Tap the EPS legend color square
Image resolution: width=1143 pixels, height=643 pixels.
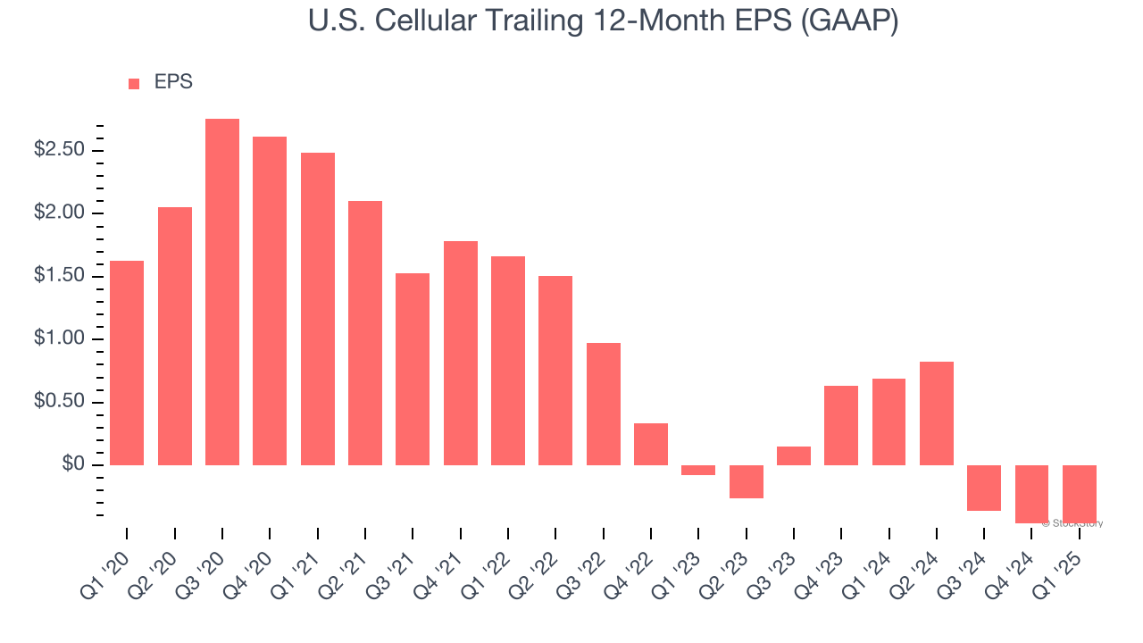point(134,84)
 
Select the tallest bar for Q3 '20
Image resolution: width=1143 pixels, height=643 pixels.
point(222,292)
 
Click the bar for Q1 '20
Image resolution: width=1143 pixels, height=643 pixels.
point(127,363)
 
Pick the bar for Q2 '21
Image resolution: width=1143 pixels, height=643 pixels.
point(365,333)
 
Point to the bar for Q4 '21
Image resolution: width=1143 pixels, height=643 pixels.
point(461,353)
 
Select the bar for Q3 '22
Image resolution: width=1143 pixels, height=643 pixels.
point(604,404)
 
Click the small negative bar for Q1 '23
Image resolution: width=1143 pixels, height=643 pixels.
point(698,470)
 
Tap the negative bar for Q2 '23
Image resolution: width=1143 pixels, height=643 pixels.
point(747,481)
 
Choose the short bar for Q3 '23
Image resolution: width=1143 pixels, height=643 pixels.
point(794,455)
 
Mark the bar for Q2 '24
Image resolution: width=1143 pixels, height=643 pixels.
point(937,413)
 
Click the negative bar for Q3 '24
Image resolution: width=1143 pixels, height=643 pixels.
point(984,488)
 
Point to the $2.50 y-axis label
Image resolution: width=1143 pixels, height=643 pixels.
point(59,149)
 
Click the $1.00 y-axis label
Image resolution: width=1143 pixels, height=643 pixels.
point(59,338)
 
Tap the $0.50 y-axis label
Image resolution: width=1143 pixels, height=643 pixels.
point(59,402)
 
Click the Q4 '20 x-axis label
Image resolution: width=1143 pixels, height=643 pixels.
point(255,569)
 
